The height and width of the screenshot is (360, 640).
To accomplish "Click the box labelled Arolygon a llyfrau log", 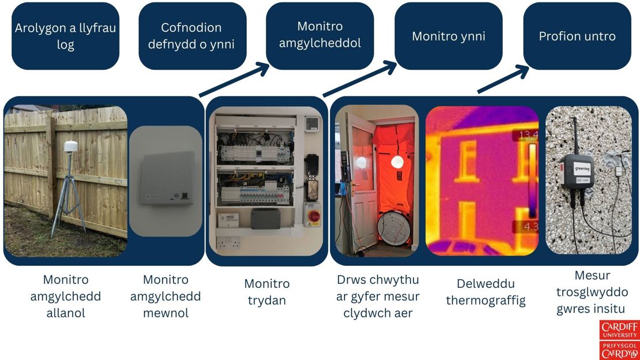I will (x=65, y=36).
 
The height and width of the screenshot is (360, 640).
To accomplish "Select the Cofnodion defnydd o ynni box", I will (x=192, y=36).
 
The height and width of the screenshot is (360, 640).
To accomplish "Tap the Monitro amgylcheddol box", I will (x=319, y=36).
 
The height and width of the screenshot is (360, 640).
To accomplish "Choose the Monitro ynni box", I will (x=448, y=36).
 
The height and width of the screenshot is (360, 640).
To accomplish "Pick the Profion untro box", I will (x=577, y=36).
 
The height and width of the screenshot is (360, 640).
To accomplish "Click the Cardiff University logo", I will (x=619, y=339).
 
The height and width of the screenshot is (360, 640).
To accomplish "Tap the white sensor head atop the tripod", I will (x=70, y=147).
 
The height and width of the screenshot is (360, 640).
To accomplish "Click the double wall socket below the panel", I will (x=229, y=243).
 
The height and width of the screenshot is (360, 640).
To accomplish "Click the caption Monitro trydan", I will (x=266, y=292).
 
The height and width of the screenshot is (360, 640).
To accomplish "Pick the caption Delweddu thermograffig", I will (x=485, y=292).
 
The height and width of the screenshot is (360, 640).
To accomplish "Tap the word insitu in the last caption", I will (x=608, y=309).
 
